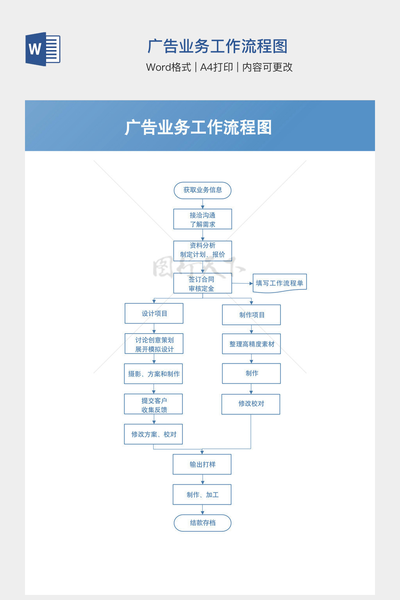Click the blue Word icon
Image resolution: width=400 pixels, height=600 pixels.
click(43, 49)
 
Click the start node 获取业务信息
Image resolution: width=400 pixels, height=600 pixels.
click(202, 190)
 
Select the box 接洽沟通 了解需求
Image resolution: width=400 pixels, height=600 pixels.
click(202, 219)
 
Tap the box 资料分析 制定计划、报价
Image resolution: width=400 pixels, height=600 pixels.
click(202, 250)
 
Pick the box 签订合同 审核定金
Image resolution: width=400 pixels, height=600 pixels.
click(202, 283)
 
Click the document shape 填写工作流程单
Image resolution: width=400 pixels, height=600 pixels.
click(279, 283)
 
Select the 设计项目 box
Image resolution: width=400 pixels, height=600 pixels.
click(154, 313)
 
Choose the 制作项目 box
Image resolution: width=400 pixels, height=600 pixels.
click(251, 315)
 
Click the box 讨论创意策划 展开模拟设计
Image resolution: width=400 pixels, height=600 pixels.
click(154, 344)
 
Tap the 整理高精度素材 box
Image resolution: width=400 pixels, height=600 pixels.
click(251, 344)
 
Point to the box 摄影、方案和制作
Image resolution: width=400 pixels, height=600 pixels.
click(154, 374)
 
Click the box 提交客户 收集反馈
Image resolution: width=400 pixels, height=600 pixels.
click(154, 404)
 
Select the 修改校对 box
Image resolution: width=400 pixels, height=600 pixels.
click(251, 404)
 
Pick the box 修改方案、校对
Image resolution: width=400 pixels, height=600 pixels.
click(154, 434)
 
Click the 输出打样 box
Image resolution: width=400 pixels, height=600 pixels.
click(202, 464)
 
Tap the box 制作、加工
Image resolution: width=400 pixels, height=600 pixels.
click(202, 495)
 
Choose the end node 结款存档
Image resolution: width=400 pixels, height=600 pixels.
click(202, 523)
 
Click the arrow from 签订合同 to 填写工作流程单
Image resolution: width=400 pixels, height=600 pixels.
click(243, 283)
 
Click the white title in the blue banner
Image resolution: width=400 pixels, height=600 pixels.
click(198, 127)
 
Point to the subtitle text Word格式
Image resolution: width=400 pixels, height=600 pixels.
click(168, 67)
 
